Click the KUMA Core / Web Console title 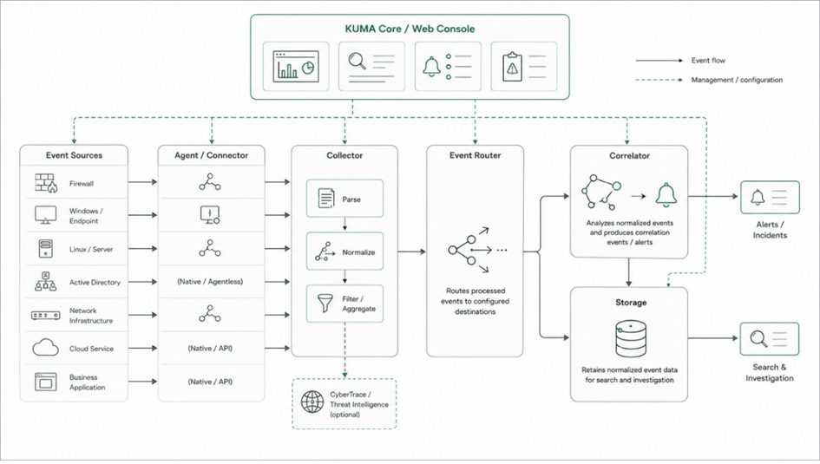tap(410, 29)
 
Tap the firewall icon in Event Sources tap(46, 183)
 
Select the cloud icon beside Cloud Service tap(45, 348)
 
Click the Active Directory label tap(95, 282)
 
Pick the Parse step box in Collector tap(344, 199)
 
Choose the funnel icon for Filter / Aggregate tap(325, 303)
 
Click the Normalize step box tap(344, 252)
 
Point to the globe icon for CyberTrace tap(312, 402)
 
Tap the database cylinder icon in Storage tap(631, 339)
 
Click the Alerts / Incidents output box tap(770, 197)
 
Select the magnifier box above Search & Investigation tap(770, 338)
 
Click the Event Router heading tap(475, 155)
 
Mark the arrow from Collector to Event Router tap(411, 252)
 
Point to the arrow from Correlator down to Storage tap(628, 272)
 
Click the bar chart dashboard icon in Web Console tap(296, 67)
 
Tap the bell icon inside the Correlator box tap(666, 195)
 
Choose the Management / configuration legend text tap(737, 80)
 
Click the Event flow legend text tap(708, 61)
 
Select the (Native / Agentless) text tap(210, 282)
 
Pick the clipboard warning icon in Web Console tap(512, 67)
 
